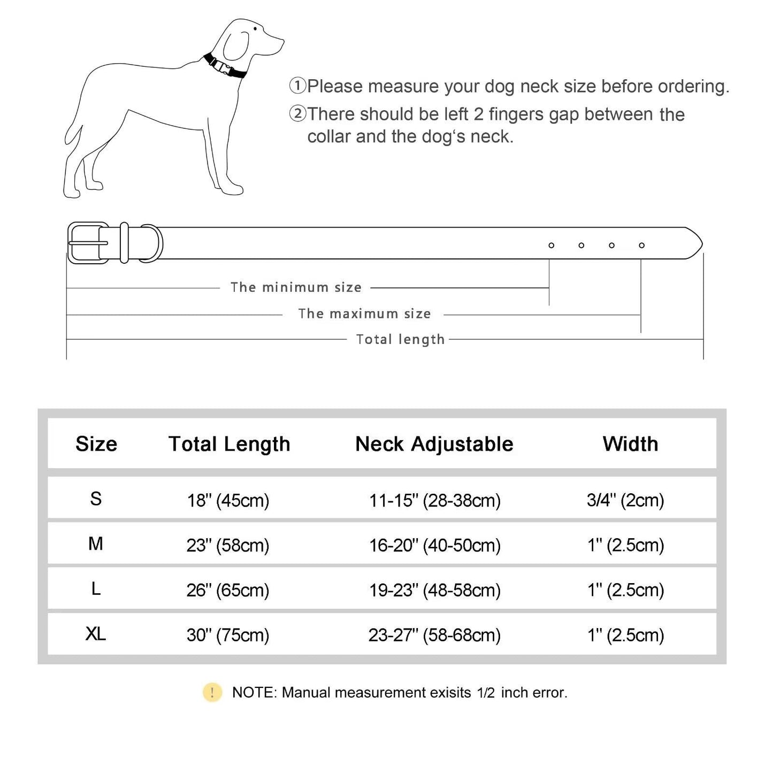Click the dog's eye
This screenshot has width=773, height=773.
pyautogui.click(x=256, y=29)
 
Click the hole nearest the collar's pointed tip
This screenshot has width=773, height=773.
pyautogui.click(x=641, y=246)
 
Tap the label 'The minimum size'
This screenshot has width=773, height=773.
pyautogui.click(x=296, y=287)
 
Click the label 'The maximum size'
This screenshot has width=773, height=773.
pyautogui.click(x=364, y=313)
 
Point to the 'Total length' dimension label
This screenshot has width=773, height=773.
pyautogui.click(x=400, y=339)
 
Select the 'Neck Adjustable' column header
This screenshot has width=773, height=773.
pyautogui.click(x=434, y=444)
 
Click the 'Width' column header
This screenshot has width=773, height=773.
pyautogui.click(x=630, y=444)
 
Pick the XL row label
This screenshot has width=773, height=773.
pyautogui.click(x=96, y=634)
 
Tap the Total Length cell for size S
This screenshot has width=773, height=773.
pyautogui.click(x=228, y=500)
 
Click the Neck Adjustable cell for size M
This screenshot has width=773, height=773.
pyautogui.click(x=434, y=545)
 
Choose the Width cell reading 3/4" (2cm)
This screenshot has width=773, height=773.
pyautogui.click(x=625, y=500)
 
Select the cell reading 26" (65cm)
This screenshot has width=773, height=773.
pyautogui.click(x=228, y=590)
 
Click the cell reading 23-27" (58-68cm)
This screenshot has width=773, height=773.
pyautogui.click(x=434, y=635)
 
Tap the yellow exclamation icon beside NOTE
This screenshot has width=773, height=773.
pyautogui.click(x=212, y=693)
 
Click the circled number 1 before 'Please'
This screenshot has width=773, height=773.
pyautogui.click(x=297, y=86)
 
